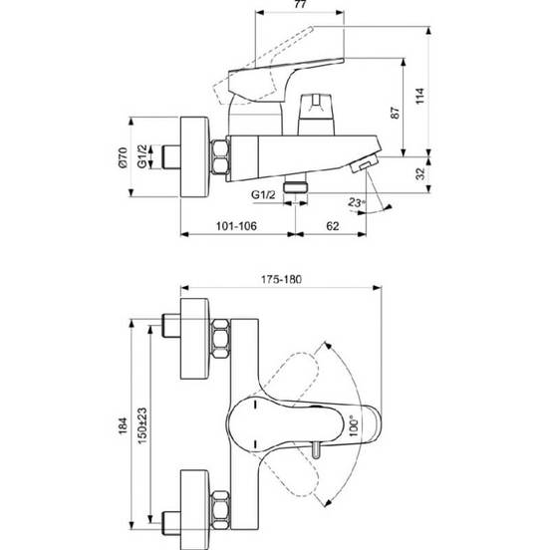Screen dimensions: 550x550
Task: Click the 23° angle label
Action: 357,202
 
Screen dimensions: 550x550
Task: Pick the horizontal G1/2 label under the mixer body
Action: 263,195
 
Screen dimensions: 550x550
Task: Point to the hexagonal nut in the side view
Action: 220,156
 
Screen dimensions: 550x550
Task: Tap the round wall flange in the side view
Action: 194,157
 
